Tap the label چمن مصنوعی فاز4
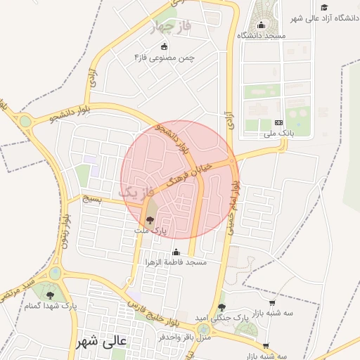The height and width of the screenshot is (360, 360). [165, 57]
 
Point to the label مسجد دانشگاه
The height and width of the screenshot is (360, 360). [261, 35]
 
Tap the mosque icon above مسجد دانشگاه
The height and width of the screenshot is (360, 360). [261, 25]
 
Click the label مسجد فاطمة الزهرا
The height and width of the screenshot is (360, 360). [176, 262]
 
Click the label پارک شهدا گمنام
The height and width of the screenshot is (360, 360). [50, 307]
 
